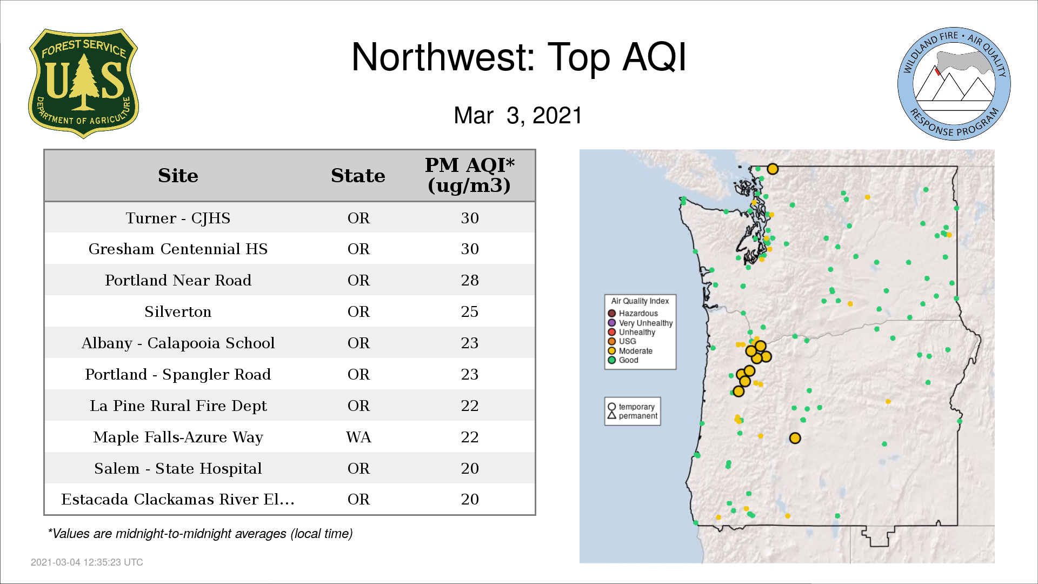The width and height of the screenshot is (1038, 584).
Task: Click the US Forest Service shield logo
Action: click(x=83, y=84)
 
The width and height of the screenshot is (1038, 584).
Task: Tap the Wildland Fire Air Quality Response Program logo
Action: click(x=954, y=84)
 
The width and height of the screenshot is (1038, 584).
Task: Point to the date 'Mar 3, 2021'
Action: click(x=518, y=115)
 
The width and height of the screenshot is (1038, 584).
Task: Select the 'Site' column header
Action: click(x=178, y=176)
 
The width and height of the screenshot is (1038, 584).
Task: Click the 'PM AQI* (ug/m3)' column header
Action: click(x=469, y=175)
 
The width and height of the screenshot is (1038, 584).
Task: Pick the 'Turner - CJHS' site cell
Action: click(x=178, y=218)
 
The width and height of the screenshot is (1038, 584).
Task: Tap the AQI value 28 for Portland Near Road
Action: click(x=470, y=280)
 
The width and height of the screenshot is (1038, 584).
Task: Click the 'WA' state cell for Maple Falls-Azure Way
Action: click(x=358, y=437)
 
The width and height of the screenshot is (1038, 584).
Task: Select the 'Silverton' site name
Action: click(x=178, y=311)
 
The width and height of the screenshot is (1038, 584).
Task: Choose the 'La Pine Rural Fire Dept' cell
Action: click(x=178, y=406)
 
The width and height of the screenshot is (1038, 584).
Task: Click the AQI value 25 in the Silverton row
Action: click(x=470, y=311)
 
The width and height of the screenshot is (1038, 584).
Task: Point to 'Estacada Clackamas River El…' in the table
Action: click(x=178, y=499)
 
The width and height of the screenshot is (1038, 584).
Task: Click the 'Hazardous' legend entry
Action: click(x=633, y=314)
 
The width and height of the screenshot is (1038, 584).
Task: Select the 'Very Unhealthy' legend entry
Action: click(x=641, y=323)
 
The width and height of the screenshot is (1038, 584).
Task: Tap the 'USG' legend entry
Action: click(x=622, y=341)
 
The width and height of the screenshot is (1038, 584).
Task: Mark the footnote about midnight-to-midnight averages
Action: click(x=200, y=534)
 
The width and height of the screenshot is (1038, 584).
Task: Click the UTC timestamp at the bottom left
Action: click(x=87, y=562)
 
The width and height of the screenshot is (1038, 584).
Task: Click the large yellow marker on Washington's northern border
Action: click(x=773, y=169)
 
